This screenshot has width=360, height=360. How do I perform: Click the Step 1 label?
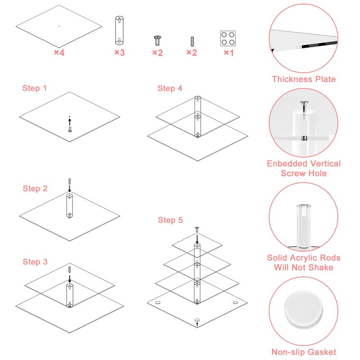(x=35, y=88)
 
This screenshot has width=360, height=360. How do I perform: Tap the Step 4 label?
(x=170, y=88)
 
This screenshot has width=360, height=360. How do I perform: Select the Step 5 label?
(x=171, y=220)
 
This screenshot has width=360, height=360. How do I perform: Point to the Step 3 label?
(x=35, y=262)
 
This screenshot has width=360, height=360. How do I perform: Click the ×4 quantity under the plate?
(x=59, y=53)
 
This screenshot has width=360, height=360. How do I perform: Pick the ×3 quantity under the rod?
(x=120, y=53)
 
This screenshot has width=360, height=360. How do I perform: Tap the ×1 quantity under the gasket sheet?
(x=229, y=53)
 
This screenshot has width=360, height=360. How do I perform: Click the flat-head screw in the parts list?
(x=157, y=40)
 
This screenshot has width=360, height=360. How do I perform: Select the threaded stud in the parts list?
(x=192, y=41)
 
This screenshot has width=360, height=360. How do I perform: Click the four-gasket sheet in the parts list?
(x=228, y=38)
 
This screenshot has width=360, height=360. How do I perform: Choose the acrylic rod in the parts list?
(x=119, y=30)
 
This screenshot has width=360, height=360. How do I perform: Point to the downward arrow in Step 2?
(x=70, y=189)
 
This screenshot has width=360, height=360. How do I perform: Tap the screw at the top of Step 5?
(x=197, y=229)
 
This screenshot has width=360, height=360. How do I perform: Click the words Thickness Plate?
(x=304, y=79)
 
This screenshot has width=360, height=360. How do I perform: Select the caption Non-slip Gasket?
(x=304, y=352)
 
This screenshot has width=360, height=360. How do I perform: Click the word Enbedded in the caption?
(x=283, y=164)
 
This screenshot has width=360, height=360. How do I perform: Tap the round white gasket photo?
(x=303, y=309)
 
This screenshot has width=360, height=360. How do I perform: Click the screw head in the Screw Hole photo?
(x=304, y=103)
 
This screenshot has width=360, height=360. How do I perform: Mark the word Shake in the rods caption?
(x=321, y=267)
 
